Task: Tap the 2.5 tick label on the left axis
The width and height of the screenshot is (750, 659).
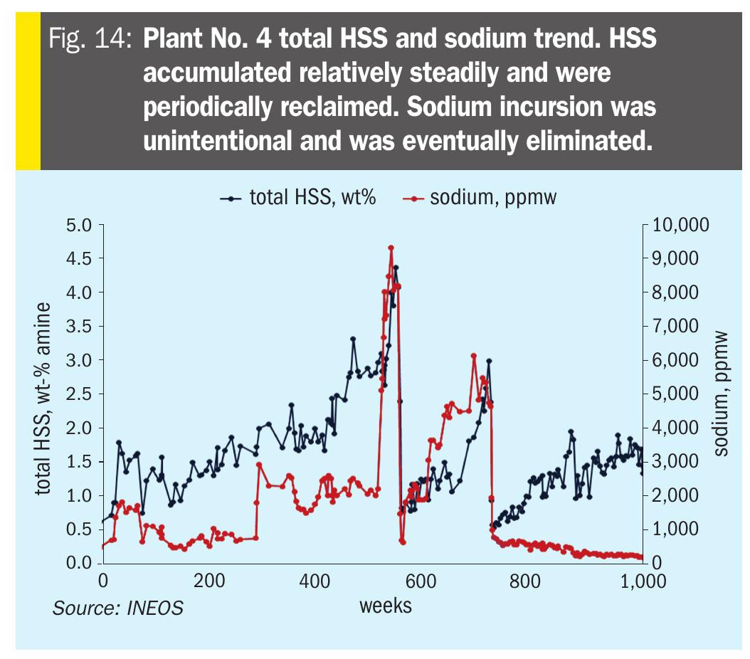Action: pos(80,394)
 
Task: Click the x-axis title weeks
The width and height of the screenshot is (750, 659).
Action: pos(385,606)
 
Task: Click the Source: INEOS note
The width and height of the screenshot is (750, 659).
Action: pos(117,608)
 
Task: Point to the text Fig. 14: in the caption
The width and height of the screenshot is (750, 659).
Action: pos(91,39)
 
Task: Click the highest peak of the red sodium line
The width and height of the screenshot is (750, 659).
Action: pos(391,248)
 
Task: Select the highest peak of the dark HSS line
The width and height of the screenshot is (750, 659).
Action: pos(396,268)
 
